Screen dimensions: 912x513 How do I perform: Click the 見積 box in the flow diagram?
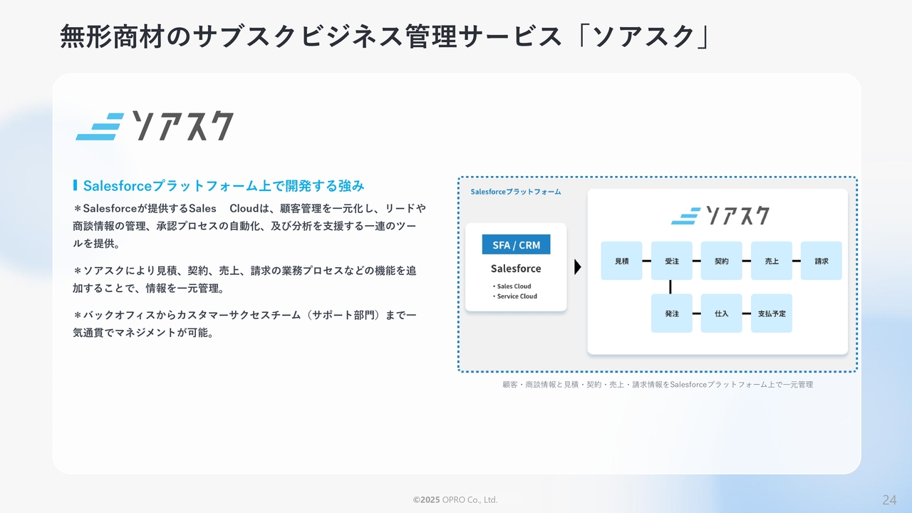click(x=621, y=261)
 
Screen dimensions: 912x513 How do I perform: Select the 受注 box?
click(x=671, y=261)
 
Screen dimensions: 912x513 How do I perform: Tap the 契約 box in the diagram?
click(x=721, y=261)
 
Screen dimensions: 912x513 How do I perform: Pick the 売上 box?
click(x=771, y=261)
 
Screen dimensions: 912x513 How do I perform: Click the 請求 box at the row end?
click(x=822, y=261)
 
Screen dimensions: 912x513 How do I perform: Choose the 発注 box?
click(x=671, y=313)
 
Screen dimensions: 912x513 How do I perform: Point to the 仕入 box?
click(x=721, y=313)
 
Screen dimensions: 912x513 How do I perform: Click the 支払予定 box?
click(x=771, y=313)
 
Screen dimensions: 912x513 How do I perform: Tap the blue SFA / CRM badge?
click(x=516, y=244)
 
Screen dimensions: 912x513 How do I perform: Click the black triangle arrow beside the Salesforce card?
click(x=577, y=266)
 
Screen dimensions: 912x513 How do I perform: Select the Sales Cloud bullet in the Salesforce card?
click(x=512, y=286)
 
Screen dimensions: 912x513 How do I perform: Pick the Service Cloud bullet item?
click(x=514, y=296)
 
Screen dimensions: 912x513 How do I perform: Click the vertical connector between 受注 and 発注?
click(x=670, y=286)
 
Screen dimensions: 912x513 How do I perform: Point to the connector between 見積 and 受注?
click(x=646, y=261)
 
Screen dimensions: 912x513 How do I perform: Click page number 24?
click(x=889, y=499)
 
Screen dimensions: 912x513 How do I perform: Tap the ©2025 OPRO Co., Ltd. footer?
click(x=455, y=499)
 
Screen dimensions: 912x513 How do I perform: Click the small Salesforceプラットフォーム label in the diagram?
click(x=515, y=192)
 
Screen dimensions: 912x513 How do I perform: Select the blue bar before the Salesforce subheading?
click(x=75, y=185)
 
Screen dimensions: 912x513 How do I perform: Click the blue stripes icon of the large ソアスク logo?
click(x=100, y=127)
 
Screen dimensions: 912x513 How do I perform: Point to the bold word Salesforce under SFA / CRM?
click(x=516, y=269)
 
